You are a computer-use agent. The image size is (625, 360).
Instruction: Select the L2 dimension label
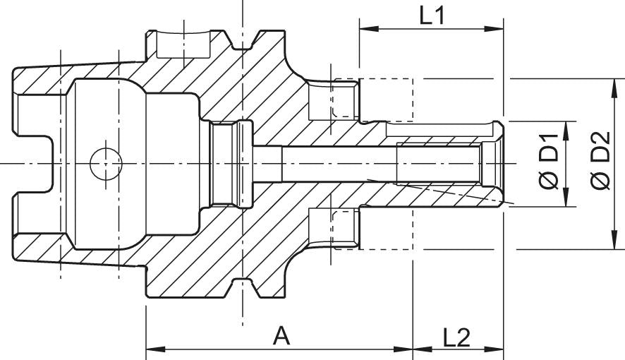[x=457, y=337]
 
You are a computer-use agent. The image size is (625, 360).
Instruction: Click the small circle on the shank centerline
[x=106, y=164]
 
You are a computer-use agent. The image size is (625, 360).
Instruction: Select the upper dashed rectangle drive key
[x=372, y=97]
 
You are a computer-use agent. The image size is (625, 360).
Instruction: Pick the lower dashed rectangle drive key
[x=372, y=229]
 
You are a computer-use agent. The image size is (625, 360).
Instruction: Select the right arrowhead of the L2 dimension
[x=497, y=349]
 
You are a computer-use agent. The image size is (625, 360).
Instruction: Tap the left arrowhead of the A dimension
[x=152, y=349]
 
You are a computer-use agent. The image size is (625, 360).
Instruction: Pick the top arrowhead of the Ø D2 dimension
[x=612, y=84]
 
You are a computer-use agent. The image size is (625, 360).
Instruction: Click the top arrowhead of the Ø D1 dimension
[x=564, y=126]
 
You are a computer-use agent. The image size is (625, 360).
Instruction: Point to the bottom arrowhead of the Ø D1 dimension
[x=564, y=201]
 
